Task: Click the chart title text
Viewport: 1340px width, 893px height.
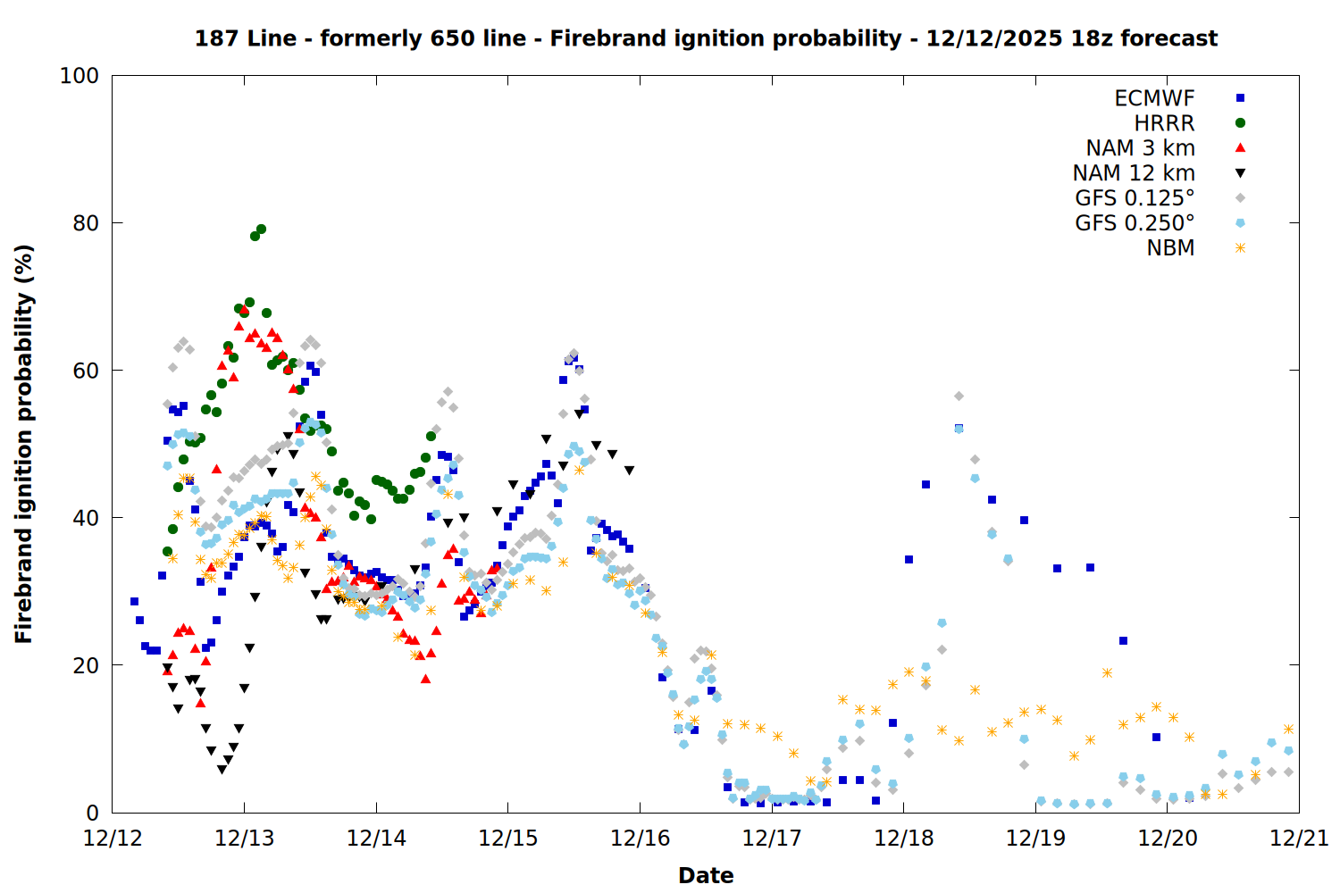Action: point(706,38)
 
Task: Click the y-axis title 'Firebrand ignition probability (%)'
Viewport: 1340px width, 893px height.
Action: point(24,444)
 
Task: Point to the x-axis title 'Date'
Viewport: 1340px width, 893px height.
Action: point(706,875)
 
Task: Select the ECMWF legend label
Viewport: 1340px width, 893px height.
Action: point(1154,98)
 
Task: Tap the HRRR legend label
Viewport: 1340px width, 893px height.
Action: point(1164,123)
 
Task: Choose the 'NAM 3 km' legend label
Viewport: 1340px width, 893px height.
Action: point(1140,148)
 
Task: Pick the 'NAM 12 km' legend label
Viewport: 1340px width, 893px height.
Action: point(1134,173)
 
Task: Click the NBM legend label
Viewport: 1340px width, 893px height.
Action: point(1170,248)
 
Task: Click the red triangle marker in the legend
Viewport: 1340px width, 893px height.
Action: point(1240,147)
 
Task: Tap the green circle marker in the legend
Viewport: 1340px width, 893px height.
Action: point(1240,123)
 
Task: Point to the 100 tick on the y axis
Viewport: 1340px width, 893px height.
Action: point(80,76)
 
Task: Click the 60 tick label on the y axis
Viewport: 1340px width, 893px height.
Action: point(86,371)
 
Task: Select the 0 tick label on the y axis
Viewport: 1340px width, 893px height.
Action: point(92,813)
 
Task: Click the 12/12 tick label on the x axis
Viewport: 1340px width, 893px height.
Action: point(113,839)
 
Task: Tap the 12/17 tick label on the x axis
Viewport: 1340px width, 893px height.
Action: point(772,839)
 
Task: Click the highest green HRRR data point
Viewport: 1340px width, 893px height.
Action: point(261,230)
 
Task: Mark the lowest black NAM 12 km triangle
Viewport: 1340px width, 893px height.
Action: point(222,770)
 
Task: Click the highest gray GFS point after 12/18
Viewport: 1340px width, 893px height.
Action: point(959,396)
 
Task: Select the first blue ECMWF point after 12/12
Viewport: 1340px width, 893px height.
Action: point(134,601)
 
